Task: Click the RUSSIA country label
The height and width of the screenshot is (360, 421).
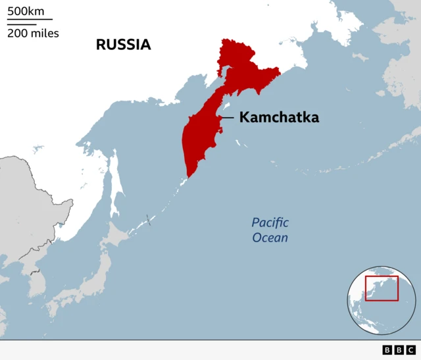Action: (123, 45)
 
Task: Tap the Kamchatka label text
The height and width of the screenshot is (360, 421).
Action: (279, 118)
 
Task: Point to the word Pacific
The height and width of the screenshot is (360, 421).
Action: (270, 222)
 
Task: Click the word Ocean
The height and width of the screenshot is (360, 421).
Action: (270, 238)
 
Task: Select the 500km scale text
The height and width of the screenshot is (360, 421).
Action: (26, 11)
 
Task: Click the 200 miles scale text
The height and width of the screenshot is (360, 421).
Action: (33, 33)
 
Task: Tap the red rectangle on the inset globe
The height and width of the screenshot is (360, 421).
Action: (382, 288)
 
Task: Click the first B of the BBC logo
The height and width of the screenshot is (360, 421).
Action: (387, 350)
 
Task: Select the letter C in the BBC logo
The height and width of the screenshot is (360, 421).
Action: (410, 350)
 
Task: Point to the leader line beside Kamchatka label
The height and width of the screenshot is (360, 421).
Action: (226, 118)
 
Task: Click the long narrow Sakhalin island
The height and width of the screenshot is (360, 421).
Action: (116, 184)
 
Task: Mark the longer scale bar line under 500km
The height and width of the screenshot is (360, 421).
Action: (30, 20)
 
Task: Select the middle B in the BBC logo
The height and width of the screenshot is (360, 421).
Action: (399, 350)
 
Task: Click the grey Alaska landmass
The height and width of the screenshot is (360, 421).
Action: (401, 66)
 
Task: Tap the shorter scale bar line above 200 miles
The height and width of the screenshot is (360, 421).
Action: (21, 24)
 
